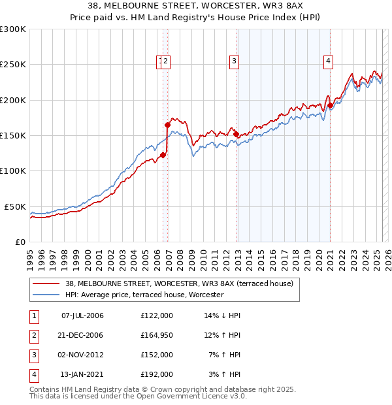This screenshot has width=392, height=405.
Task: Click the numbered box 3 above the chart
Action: coord(234,62)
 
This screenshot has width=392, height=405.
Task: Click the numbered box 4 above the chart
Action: coord(328,62)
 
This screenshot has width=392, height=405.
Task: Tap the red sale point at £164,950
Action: coord(168,124)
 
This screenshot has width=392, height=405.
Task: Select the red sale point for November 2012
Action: coord(236,134)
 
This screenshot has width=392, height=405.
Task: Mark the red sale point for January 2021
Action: coord(331,105)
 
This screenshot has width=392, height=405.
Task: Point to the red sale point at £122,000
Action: coord(163,155)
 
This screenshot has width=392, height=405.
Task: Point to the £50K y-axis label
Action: coord(16,206)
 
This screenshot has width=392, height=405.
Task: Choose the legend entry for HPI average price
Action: coord(144,295)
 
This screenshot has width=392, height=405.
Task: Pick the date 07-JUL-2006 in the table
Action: coord(82,316)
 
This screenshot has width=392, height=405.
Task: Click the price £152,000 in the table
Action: coord(156,355)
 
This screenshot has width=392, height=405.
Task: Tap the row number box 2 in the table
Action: coord(33,335)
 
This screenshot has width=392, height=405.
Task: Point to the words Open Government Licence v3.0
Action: coord(183,397)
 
